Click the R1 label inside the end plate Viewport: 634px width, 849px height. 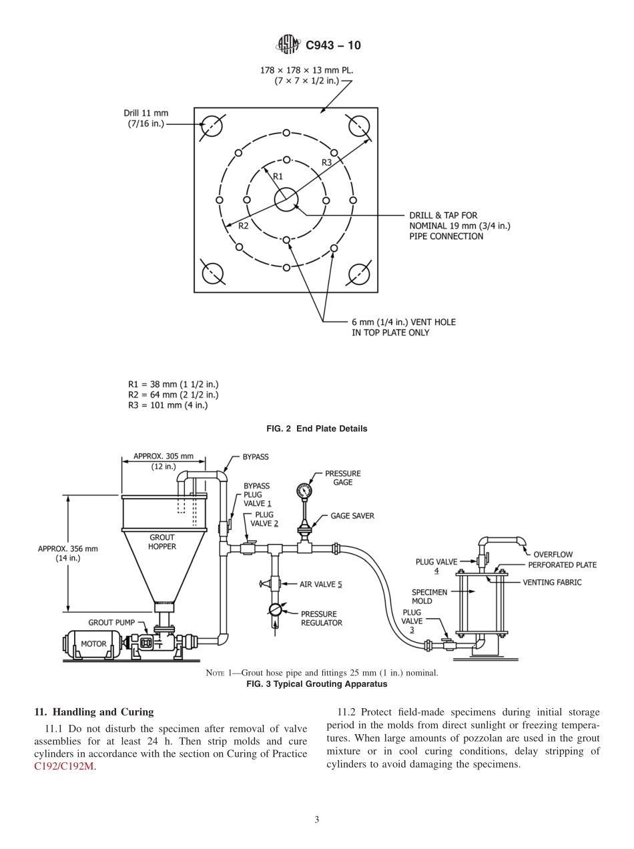278,176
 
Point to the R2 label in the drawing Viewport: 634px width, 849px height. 244,226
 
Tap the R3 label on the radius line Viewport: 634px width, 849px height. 327,162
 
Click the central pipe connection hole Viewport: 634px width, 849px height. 286,200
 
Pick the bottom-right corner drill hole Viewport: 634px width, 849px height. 359,274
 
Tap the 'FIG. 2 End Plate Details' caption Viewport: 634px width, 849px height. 317,429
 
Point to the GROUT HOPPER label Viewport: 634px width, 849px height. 162,542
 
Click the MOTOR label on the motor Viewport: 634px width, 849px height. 93,644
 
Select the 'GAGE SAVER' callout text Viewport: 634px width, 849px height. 352,516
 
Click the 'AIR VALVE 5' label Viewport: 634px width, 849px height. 320,584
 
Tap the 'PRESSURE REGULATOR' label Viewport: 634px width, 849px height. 321,618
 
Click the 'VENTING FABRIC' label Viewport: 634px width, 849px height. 552,582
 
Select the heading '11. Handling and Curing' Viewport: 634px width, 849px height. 93,712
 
